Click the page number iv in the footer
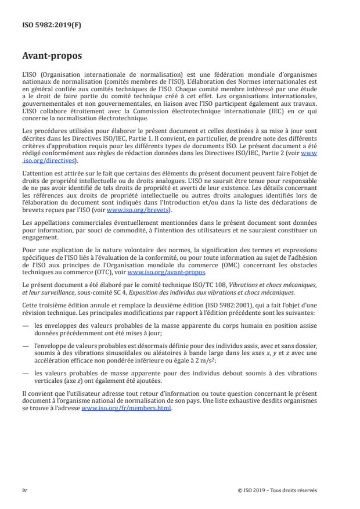tap(24, 490)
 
